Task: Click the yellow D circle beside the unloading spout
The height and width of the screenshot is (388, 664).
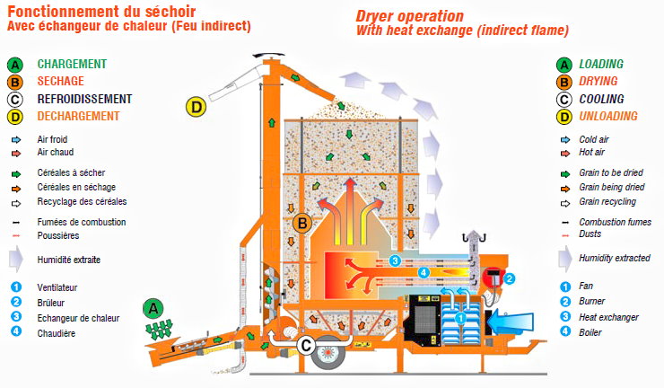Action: coord(197,107)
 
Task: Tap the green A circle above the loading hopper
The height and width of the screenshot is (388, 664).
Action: coord(153,308)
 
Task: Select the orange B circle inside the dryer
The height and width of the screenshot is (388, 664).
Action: coord(302,223)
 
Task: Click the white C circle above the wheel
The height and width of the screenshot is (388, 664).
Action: coord(306,345)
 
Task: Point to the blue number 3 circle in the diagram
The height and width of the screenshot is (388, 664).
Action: coord(395,260)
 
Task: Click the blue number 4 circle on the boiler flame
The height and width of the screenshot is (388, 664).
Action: coord(424,273)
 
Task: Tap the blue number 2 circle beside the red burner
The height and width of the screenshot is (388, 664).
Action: coord(510,278)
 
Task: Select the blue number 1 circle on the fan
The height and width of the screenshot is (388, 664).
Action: coord(460,318)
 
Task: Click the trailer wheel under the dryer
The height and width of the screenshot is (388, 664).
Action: coord(328,352)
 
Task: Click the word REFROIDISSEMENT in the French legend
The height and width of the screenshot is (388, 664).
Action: coord(84,99)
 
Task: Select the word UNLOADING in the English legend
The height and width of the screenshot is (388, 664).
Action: coord(608,116)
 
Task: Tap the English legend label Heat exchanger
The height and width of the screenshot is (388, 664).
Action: coord(608,317)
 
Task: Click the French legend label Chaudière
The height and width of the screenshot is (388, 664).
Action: coord(57,333)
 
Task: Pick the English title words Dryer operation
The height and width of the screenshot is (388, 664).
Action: coord(409,16)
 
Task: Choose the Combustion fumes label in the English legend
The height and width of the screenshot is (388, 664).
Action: coord(615,222)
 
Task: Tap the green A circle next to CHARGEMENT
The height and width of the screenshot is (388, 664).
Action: coord(15,65)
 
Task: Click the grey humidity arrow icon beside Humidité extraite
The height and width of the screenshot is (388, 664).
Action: coord(16,259)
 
